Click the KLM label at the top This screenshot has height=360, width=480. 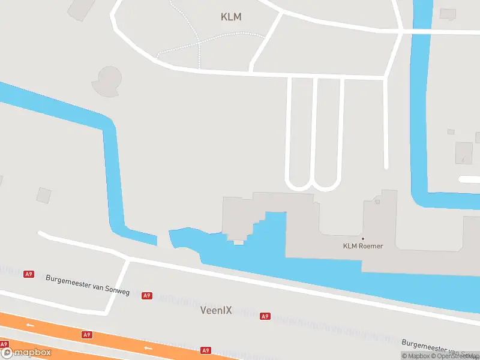[x=231, y=17]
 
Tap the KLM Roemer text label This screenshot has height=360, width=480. [x=363, y=246]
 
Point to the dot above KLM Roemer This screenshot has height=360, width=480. [x=362, y=238]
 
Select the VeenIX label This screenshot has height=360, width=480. [x=216, y=311]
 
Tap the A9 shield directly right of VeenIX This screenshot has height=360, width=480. [x=265, y=316]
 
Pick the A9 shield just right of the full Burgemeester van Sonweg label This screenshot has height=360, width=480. [x=147, y=296]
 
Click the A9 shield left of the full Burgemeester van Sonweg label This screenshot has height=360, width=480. [x=28, y=274]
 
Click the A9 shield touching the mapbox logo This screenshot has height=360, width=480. [x=4, y=344]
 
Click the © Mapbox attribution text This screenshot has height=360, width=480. [x=416, y=356]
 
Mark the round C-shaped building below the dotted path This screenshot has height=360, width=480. [x=108, y=80]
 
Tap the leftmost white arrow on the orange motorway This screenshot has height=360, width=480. [x=30, y=325]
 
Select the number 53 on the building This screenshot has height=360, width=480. [x=377, y=202]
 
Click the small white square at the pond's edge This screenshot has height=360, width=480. [x=239, y=242]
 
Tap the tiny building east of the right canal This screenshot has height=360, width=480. [x=451, y=131]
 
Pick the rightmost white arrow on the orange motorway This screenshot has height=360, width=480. [x=148, y=347]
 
